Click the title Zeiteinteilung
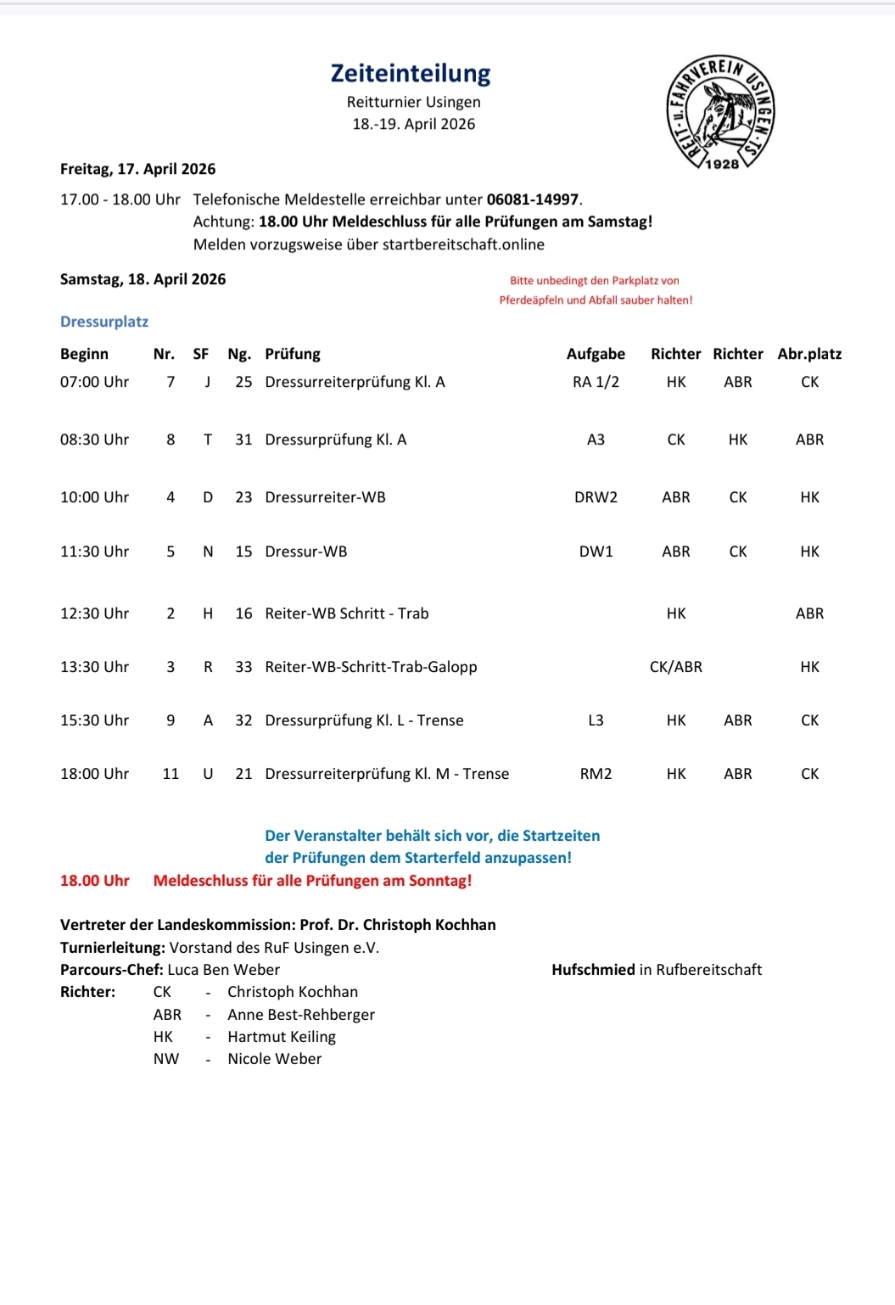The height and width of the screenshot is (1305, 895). [x=411, y=74]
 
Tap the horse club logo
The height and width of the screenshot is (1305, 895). [x=720, y=113]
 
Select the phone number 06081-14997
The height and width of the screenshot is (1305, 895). [x=533, y=200]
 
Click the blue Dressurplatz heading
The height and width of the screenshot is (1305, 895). [x=104, y=322]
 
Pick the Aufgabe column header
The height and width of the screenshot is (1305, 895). [x=596, y=354]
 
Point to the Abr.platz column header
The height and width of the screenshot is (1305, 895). [x=809, y=354]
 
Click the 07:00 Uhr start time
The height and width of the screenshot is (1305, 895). [x=94, y=382]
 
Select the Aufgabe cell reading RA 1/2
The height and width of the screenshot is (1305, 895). [x=596, y=382]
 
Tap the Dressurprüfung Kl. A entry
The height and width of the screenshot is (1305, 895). [x=336, y=440]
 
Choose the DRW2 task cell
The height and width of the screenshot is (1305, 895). [x=596, y=497]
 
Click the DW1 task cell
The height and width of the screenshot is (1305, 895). [x=596, y=552]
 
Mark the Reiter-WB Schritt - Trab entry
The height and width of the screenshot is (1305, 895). [x=347, y=613]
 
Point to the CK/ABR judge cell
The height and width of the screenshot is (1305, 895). [x=676, y=667]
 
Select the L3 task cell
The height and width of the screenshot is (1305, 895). [x=596, y=720]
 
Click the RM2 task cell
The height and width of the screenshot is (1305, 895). [x=596, y=774]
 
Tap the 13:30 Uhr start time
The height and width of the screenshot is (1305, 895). [x=94, y=667]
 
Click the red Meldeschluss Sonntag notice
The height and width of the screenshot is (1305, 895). [x=312, y=881]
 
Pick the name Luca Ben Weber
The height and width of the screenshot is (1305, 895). [x=224, y=970]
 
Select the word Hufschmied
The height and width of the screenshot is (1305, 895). [x=593, y=970]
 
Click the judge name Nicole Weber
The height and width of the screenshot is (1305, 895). [x=275, y=1059]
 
